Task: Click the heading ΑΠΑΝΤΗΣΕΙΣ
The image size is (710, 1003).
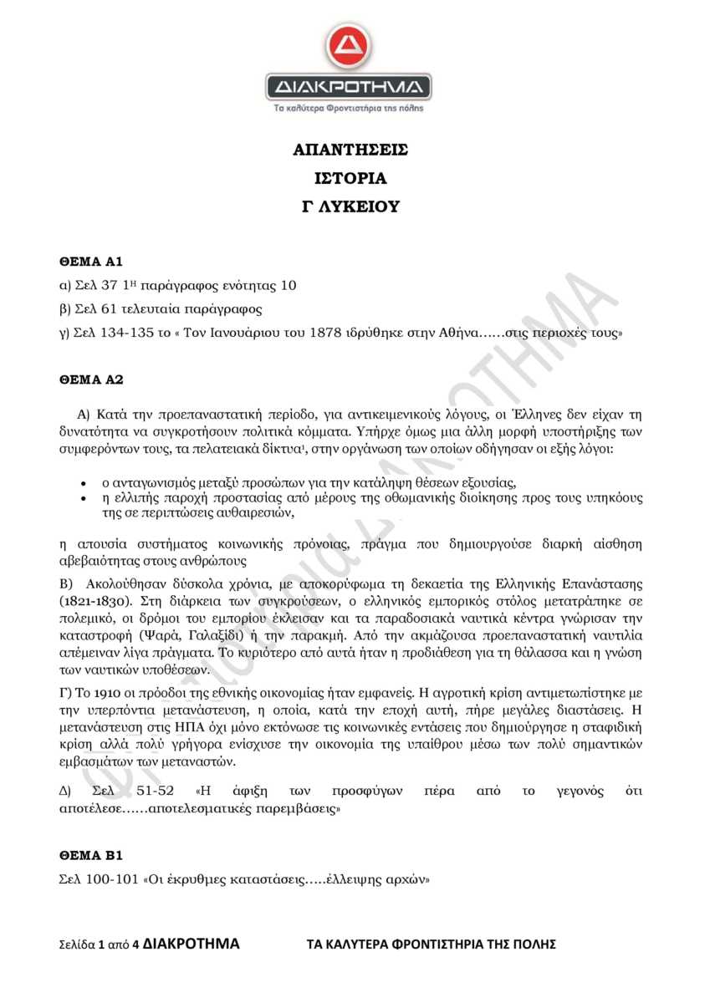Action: click(x=350, y=150)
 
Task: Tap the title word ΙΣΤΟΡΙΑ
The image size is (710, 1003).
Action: click(x=350, y=178)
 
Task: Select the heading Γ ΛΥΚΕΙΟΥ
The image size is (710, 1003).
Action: click(x=350, y=206)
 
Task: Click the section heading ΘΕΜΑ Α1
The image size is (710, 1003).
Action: click(x=91, y=262)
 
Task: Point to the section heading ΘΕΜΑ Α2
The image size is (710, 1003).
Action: click(x=91, y=379)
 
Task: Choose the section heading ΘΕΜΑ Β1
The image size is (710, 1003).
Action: click(x=91, y=855)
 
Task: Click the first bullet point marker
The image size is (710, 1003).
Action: click(x=83, y=484)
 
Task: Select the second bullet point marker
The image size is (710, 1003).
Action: click(x=83, y=498)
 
